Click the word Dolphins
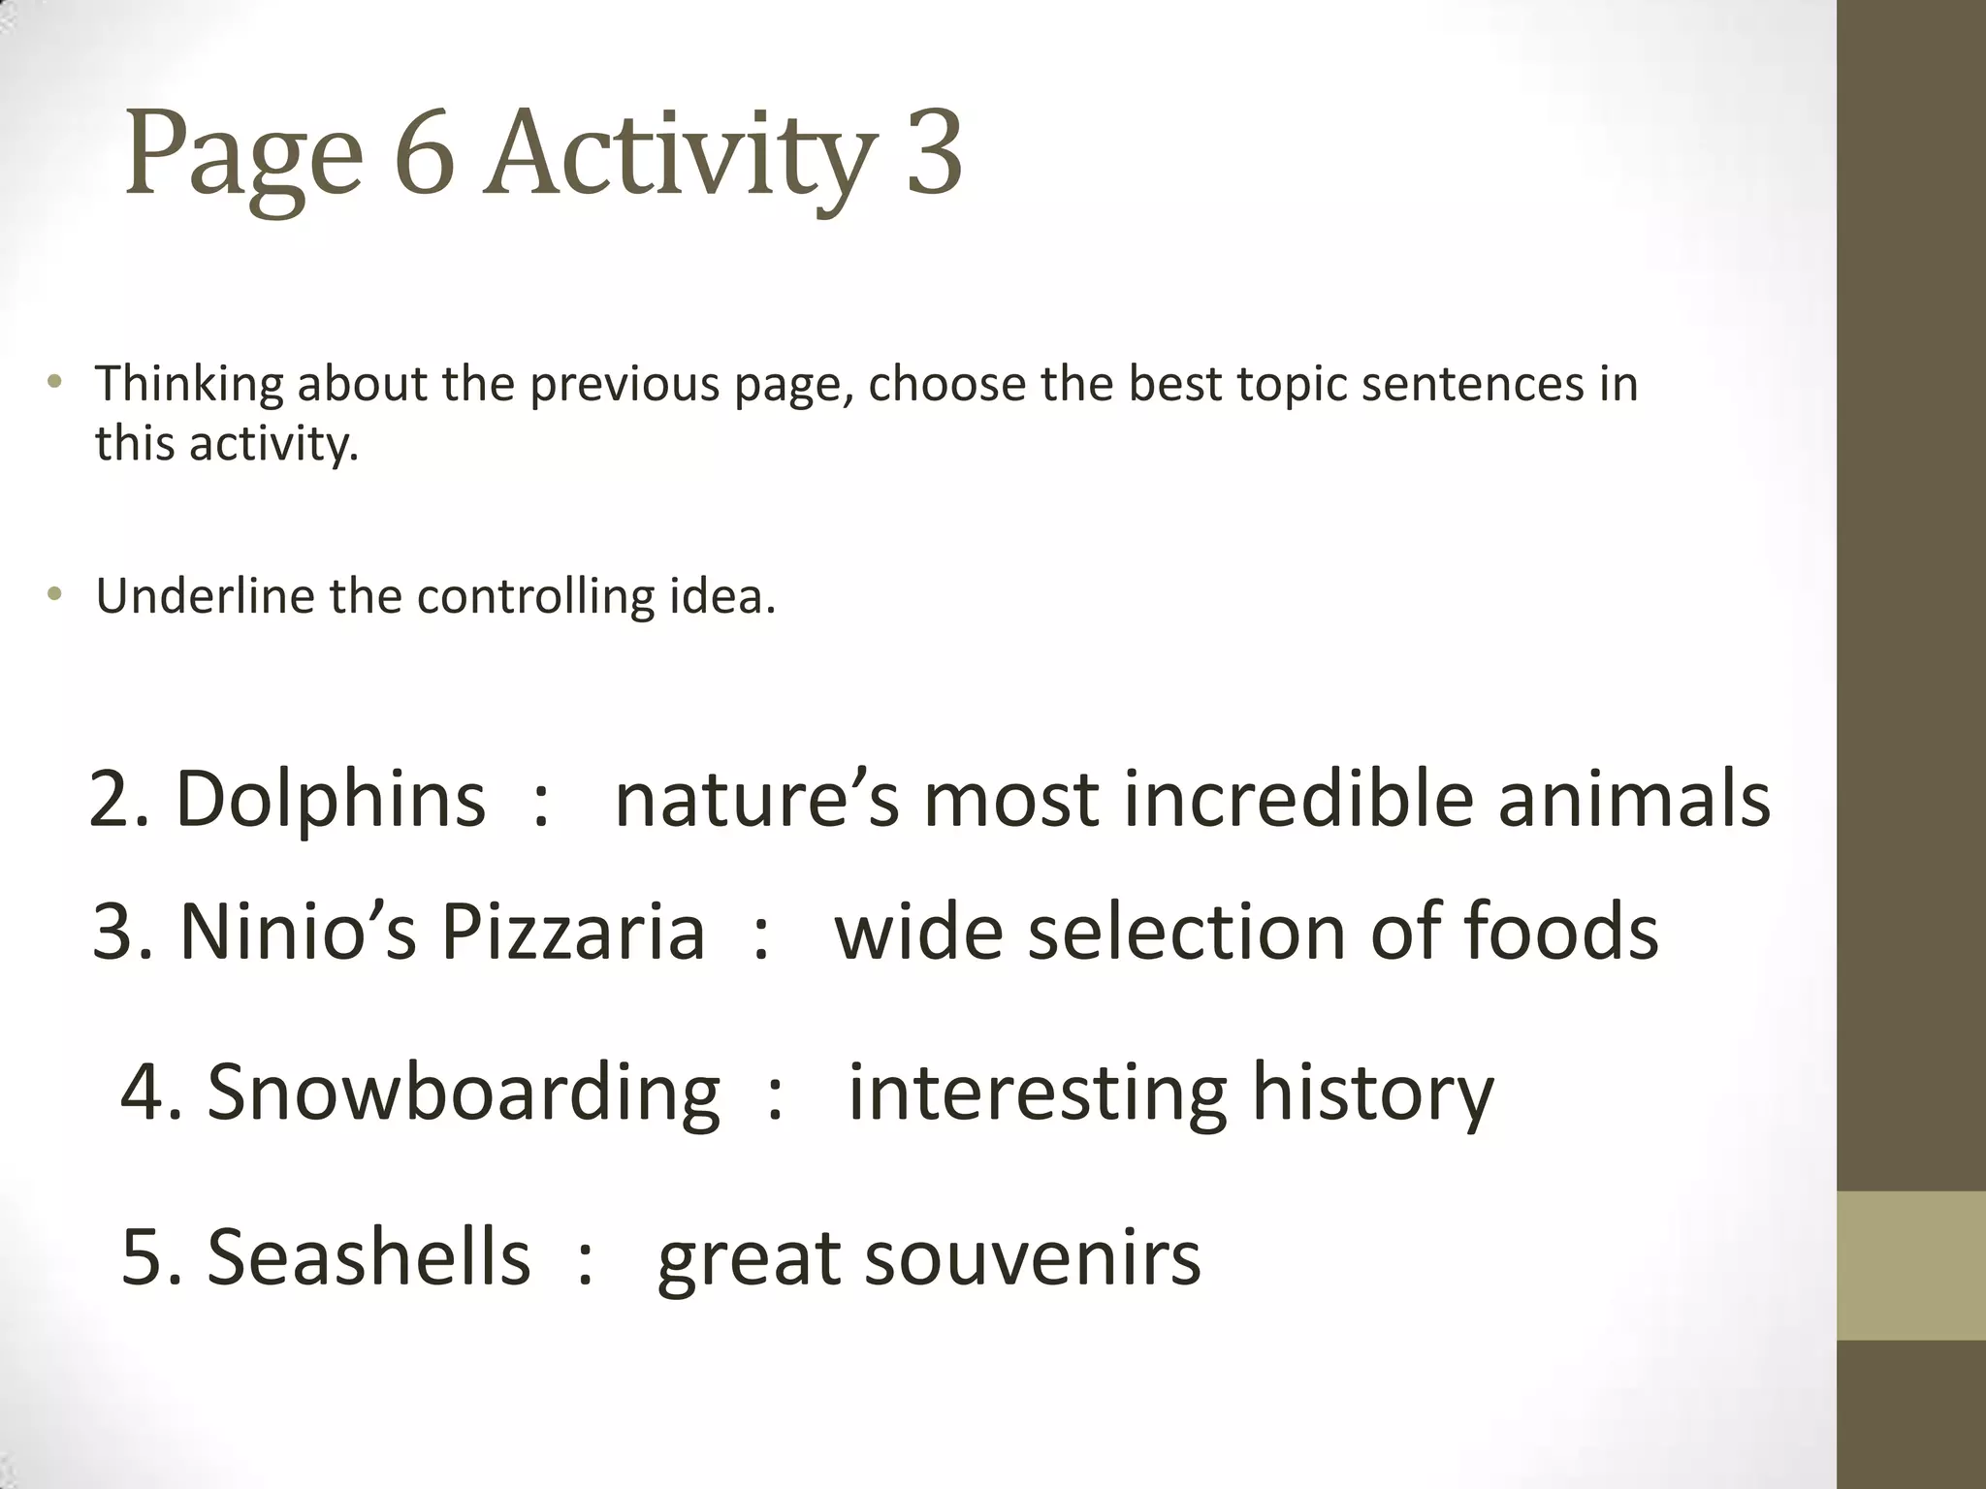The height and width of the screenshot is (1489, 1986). [330, 799]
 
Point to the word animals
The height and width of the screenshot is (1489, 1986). [1633, 799]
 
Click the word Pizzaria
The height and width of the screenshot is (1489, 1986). [572, 931]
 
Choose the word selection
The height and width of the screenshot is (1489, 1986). [1187, 931]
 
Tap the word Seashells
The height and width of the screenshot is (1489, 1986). [368, 1256]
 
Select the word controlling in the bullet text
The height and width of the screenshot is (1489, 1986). [535, 595]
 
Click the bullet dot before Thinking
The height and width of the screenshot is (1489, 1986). [55, 382]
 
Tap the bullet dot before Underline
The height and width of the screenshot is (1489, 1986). [55, 594]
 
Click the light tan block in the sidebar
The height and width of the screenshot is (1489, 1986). [1911, 1265]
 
